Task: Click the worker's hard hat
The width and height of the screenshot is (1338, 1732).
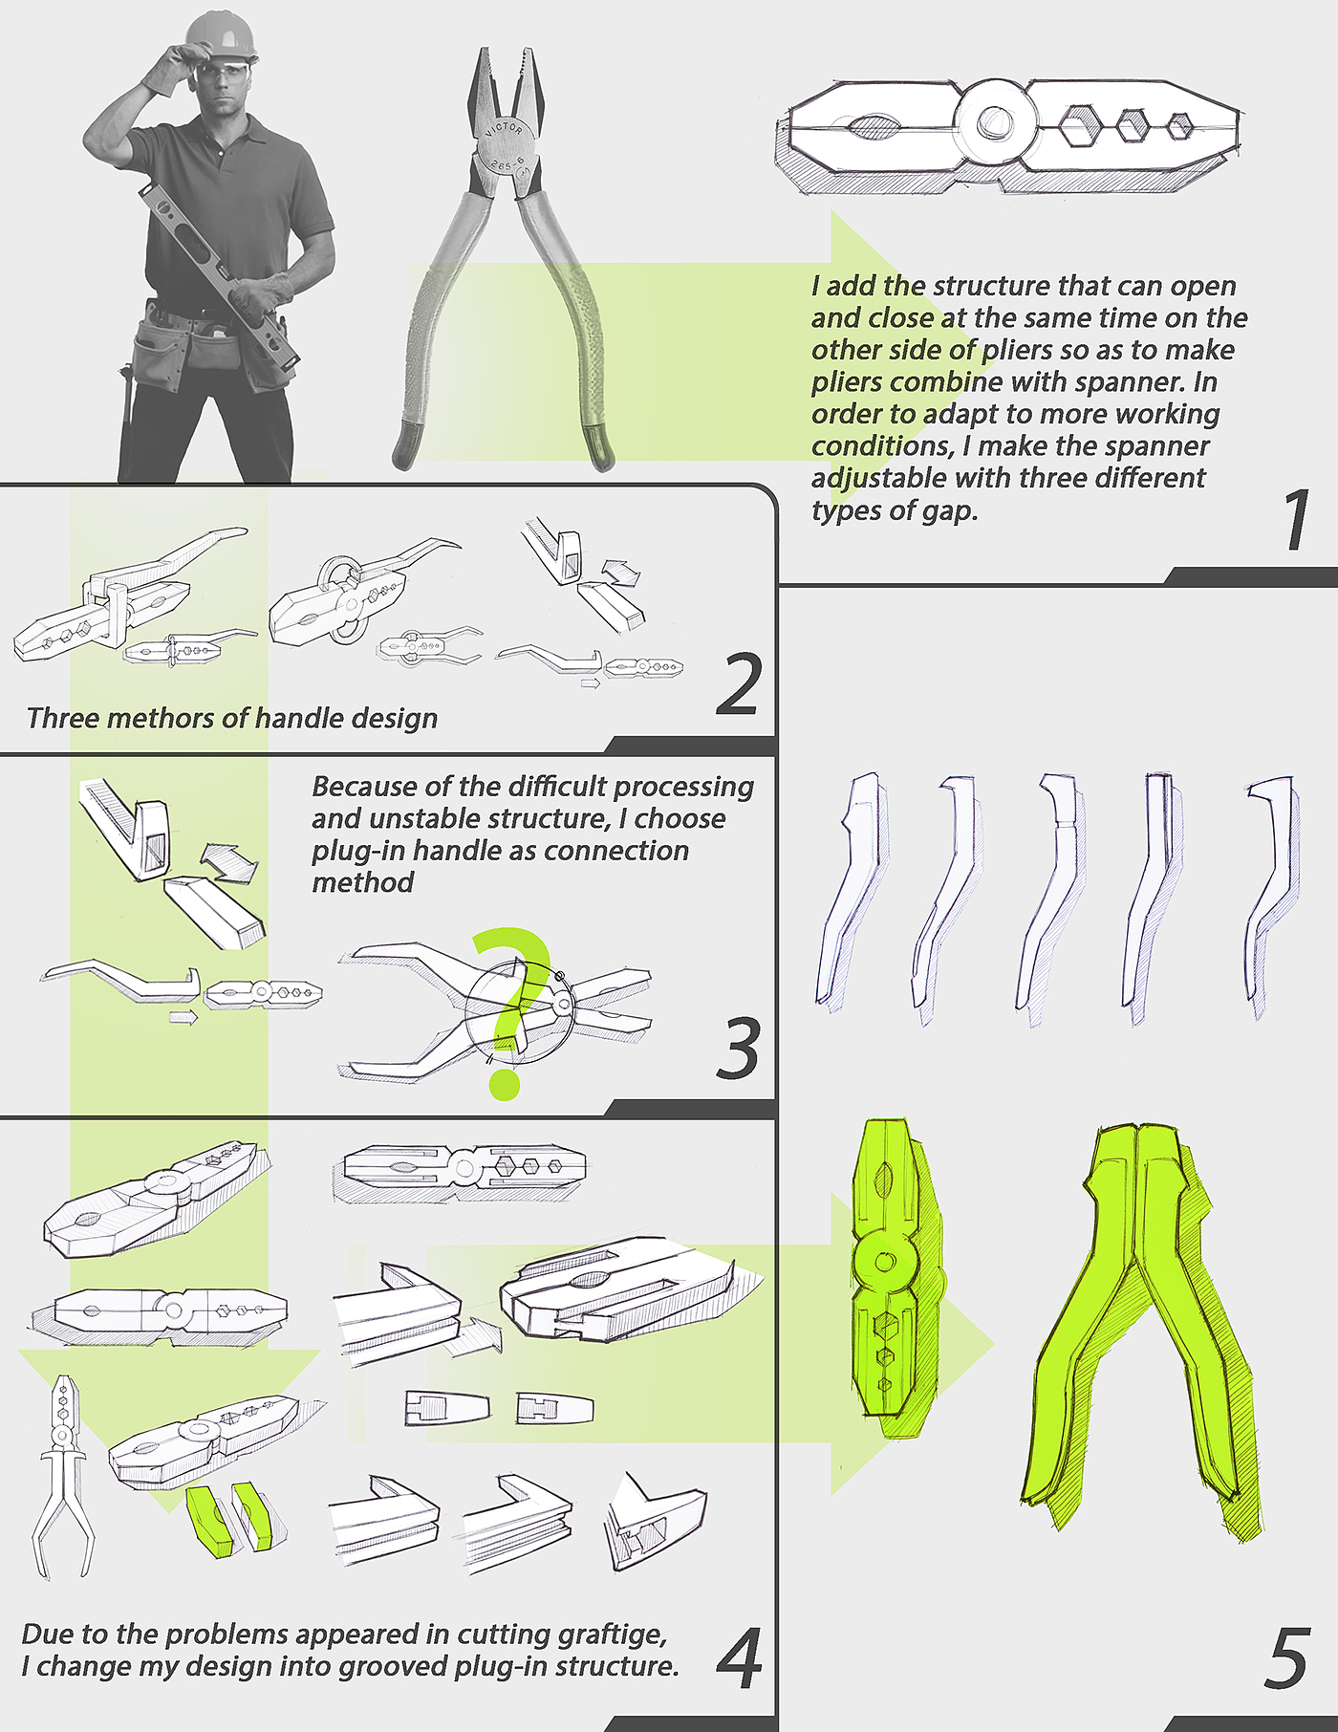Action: (221, 35)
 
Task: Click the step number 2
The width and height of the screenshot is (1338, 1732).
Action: (737, 684)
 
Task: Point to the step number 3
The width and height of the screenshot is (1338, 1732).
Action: (738, 1049)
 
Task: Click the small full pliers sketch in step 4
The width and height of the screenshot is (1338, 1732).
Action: (62, 1476)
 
